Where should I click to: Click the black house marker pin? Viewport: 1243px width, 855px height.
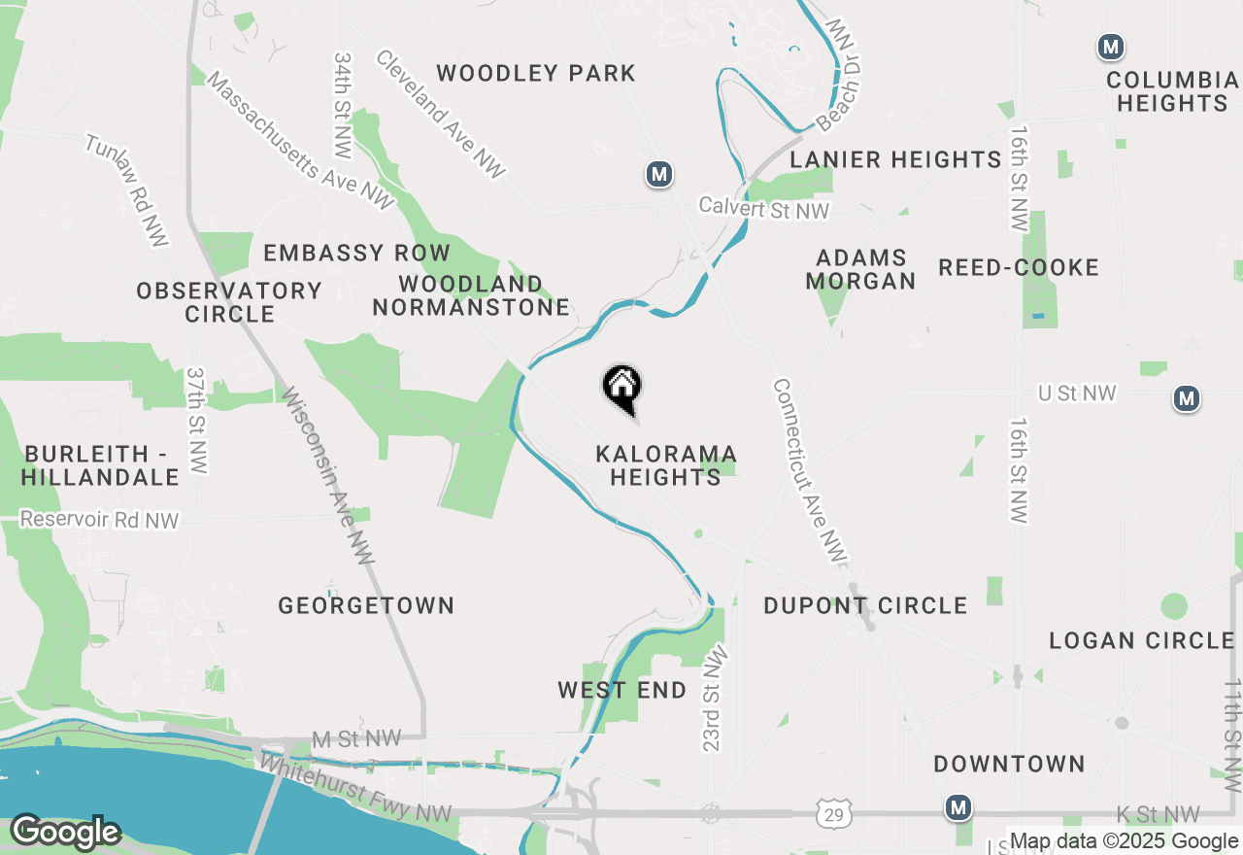[x=621, y=389]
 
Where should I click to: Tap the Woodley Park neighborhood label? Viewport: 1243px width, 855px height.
[x=536, y=73]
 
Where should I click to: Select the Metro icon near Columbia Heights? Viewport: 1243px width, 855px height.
[x=1111, y=46]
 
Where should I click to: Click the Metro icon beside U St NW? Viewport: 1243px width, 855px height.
[x=1186, y=398]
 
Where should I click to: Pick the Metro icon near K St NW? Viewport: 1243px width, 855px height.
[x=958, y=807]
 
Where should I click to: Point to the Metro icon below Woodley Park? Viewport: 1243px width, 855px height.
[x=659, y=175]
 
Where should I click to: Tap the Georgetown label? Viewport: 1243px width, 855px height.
[x=366, y=605]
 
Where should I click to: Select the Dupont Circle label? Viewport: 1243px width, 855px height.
[x=865, y=605]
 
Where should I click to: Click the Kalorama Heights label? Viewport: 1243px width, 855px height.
[x=666, y=465]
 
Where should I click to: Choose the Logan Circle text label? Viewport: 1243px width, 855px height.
[x=1141, y=640]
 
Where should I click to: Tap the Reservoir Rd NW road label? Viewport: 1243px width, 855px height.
[x=99, y=521]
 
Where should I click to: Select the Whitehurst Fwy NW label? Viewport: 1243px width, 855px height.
[x=355, y=788]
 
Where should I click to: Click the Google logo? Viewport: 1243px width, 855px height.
[x=65, y=833]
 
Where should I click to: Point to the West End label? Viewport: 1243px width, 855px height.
[x=621, y=690]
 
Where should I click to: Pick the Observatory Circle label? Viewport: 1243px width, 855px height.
[x=229, y=302]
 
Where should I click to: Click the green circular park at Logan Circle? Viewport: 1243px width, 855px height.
[x=1174, y=606]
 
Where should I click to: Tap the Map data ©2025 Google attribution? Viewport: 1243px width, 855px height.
[x=1124, y=841]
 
